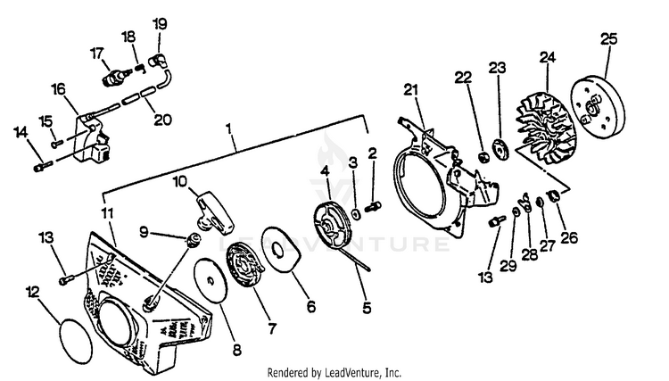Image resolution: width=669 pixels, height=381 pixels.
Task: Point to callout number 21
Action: tap(410, 89)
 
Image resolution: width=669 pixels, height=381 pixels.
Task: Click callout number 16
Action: tap(59, 89)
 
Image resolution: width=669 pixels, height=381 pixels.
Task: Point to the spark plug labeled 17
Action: tap(112, 76)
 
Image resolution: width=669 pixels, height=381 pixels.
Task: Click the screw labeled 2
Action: tap(373, 206)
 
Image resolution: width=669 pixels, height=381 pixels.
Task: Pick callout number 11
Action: tap(107, 213)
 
